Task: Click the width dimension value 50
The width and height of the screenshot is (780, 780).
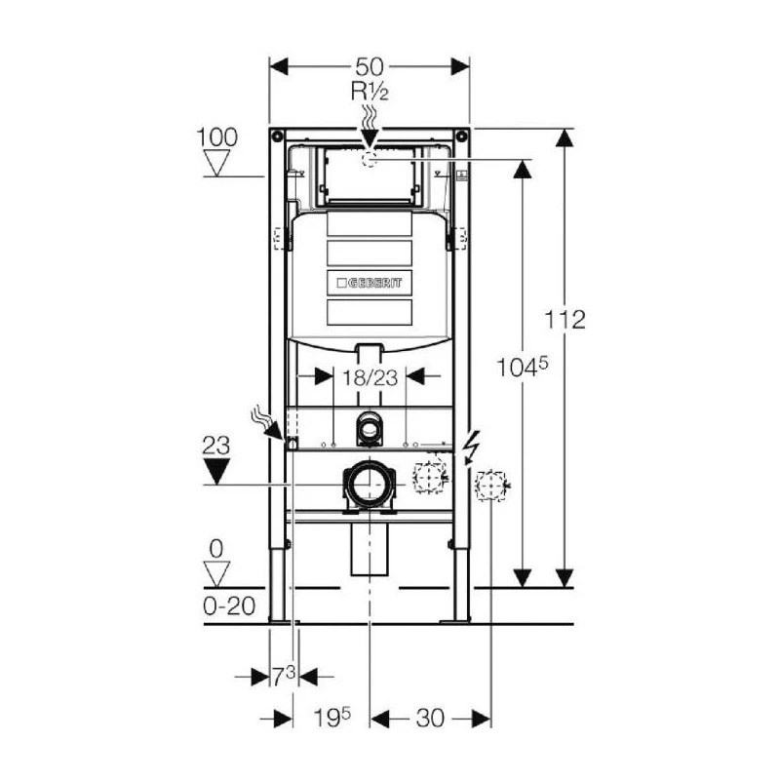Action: click(369, 67)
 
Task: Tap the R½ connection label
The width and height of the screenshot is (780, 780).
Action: click(369, 94)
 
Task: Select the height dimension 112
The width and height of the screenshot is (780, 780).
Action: click(565, 319)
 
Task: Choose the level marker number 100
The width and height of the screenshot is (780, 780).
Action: click(216, 136)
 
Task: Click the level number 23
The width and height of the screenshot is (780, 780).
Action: click(216, 447)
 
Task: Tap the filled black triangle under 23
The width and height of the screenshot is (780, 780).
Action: click(216, 472)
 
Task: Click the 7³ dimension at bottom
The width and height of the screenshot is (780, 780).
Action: click(283, 676)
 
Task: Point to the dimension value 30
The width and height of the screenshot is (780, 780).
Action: click(429, 718)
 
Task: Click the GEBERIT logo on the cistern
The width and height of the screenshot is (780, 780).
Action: click(369, 283)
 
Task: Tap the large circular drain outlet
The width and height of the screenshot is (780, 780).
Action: click(369, 484)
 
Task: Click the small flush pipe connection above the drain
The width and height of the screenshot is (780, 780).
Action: click(369, 425)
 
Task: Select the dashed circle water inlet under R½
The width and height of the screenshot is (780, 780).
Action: click(369, 160)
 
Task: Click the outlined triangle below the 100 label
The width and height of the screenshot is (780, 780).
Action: click(216, 162)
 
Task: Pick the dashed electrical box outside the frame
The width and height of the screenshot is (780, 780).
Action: click(491, 485)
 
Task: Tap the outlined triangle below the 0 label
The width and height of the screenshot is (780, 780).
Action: click(216, 571)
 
